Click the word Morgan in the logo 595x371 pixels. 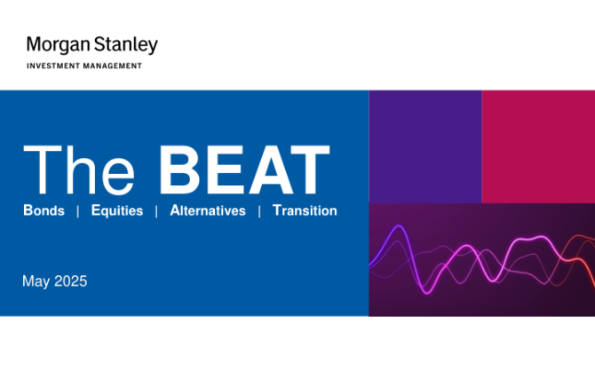(58, 45)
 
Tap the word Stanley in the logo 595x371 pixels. (125, 45)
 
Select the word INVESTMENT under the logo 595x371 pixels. (53, 66)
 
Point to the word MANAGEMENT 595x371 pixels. (113, 66)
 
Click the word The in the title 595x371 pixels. (79, 170)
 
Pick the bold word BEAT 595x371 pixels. (244, 170)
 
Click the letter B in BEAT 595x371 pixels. (178, 170)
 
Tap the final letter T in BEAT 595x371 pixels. (308, 170)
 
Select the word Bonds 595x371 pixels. (44, 210)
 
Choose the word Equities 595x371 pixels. (117, 211)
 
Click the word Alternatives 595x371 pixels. (208, 210)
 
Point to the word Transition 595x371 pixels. (305, 210)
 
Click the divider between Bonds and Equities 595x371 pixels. (78, 211)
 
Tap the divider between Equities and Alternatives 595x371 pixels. (156, 211)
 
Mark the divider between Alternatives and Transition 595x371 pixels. (259, 211)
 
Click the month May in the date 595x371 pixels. (36, 282)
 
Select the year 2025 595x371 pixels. (70, 281)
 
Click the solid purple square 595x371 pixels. (425, 146)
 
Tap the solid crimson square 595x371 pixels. (538, 146)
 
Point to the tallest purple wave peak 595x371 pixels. (399, 226)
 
